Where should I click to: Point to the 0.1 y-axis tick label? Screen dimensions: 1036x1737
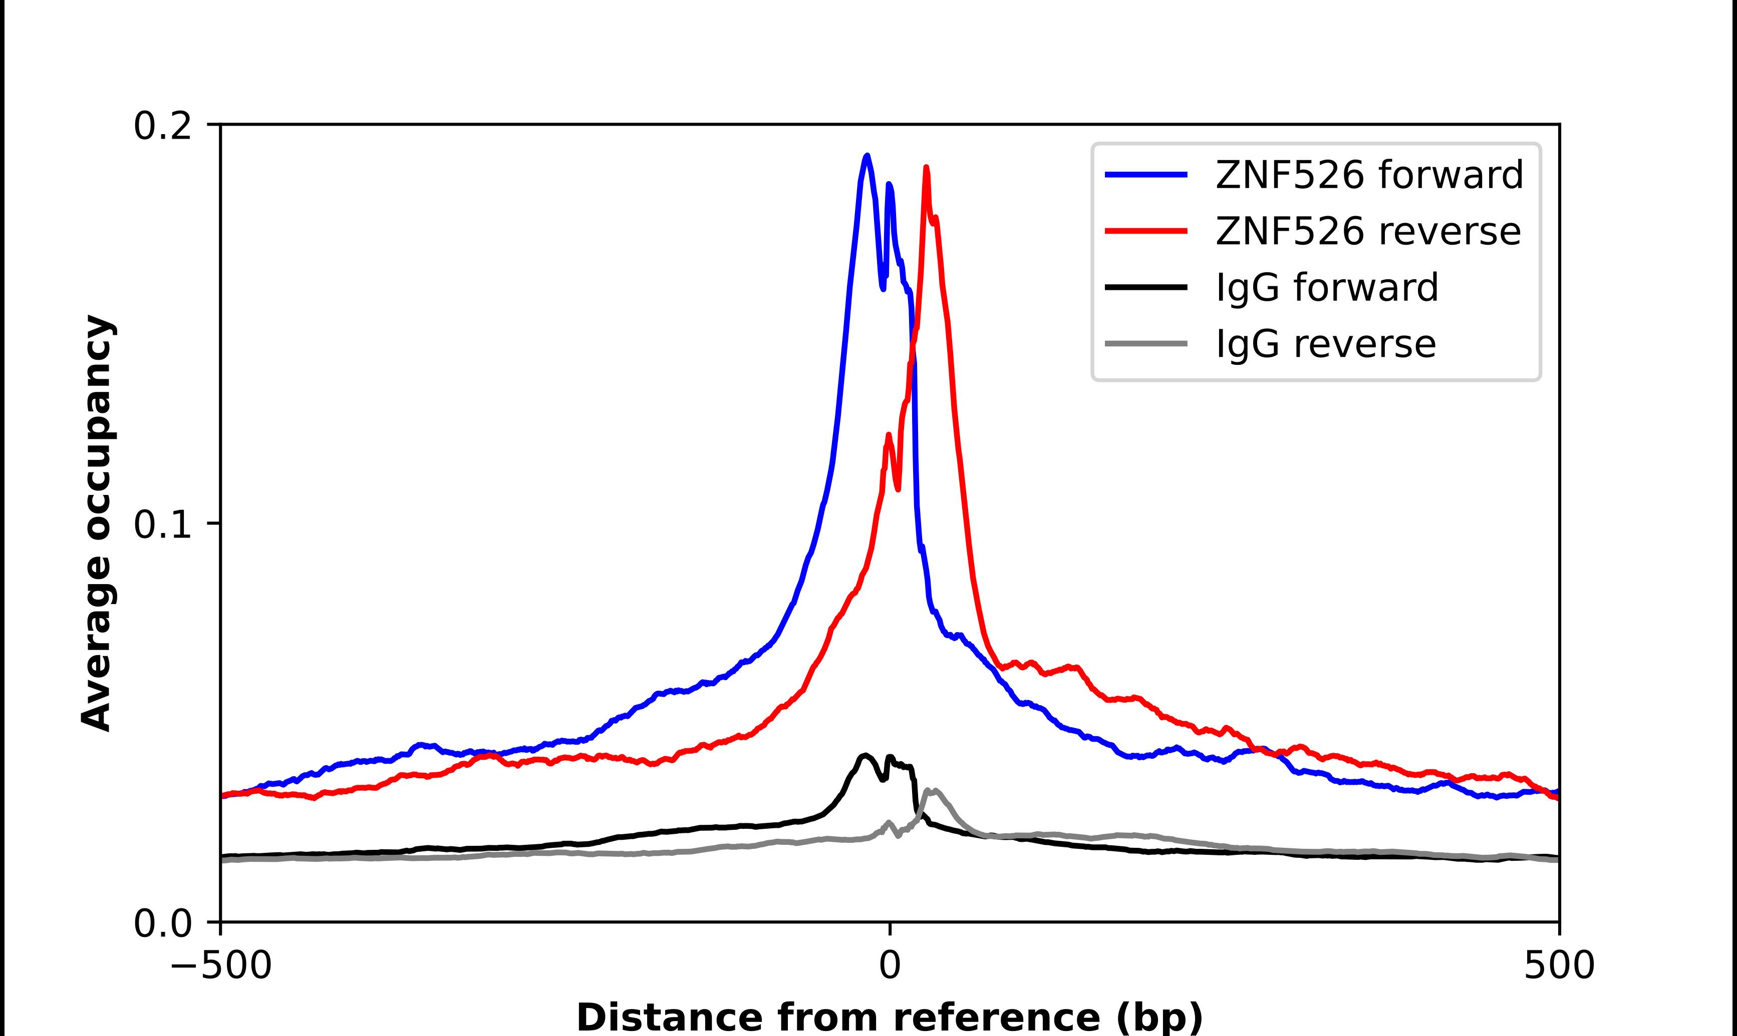click(162, 525)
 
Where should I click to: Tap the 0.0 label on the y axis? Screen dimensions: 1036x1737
click(162, 923)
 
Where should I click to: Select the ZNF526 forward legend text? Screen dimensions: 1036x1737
click(1369, 175)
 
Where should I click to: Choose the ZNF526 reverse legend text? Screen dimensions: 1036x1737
click(1367, 231)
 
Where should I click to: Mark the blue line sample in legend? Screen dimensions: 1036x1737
click(1145, 175)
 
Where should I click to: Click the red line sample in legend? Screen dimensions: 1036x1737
click(1145, 231)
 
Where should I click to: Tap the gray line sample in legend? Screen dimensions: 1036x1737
click(1145, 343)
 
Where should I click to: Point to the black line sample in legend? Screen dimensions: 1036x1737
click(1145, 287)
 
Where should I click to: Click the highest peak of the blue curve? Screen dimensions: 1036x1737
click(867, 156)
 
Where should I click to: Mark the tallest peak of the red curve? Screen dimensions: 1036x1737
click(926, 168)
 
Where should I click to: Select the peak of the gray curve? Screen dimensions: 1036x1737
click(930, 790)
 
